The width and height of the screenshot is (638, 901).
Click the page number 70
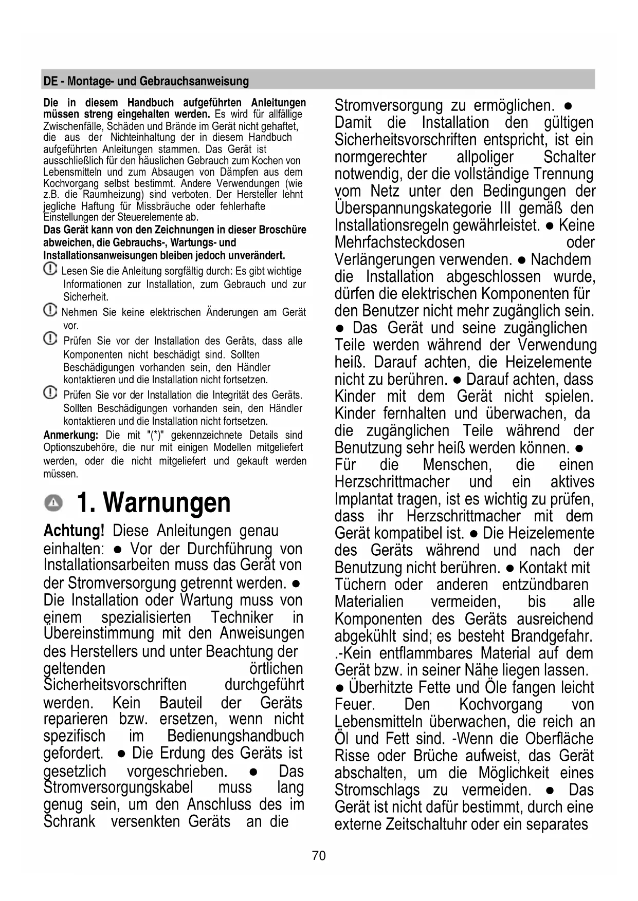tap(319, 856)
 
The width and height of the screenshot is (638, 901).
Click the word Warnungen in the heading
tap(167, 502)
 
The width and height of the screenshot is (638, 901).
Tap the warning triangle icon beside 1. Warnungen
tap(53, 503)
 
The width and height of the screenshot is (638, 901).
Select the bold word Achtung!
tap(74, 531)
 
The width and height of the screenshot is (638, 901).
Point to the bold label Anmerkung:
tap(70, 435)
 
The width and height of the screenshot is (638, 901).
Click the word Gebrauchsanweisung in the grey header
tap(194, 81)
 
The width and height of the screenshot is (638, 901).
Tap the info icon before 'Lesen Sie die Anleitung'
tap(50, 269)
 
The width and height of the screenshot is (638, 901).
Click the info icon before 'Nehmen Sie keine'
tap(50, 310)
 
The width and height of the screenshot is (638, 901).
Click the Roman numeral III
tap(505, 209)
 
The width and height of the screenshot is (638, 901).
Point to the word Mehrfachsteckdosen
tap(399, 242)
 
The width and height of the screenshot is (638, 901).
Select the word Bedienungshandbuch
tap(235, 736)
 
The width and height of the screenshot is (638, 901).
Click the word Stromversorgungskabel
tap(118, 787)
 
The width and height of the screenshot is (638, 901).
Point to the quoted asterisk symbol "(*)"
tap(155, 435)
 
